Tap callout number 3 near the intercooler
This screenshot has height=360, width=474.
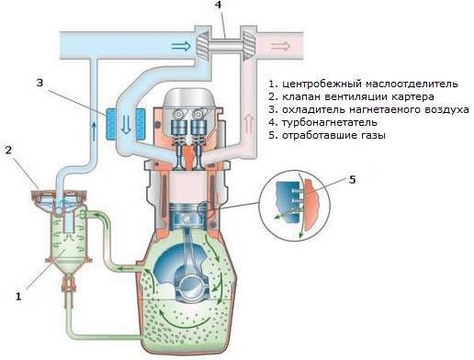[39, 83]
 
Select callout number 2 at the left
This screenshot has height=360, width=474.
[8, 151]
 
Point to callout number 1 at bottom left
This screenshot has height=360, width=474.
[18, 296]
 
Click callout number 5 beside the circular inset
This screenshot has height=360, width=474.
[353, 180]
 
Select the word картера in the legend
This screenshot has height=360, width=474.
[412, 97]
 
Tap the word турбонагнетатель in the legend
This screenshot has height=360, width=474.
[330, 123]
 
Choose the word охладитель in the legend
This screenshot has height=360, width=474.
[313, 110]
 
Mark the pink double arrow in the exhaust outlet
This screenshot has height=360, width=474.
[280, 47]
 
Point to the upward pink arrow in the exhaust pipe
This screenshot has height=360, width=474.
[249, 123]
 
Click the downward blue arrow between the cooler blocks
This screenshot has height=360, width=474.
[126, 125]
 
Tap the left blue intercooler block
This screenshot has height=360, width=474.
[111, 125]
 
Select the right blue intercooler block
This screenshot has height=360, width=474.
[141, 125]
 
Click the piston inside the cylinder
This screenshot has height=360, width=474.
[187, 216]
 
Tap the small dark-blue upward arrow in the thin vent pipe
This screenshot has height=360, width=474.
[95, 130]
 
